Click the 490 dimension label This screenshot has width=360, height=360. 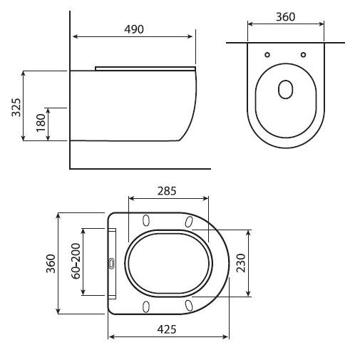click(134, 29)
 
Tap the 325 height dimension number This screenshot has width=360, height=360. click(16, 107)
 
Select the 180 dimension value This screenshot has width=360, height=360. click(41, 123)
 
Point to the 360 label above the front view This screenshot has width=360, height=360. click(285, 17)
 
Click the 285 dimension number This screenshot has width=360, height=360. click(167, 191)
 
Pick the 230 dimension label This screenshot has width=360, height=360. click(241, 263)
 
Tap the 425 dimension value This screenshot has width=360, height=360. click(167, 329)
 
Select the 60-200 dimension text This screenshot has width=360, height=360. click(76, 261)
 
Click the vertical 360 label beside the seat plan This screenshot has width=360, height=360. click(51, 264)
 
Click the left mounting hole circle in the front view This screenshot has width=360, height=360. click(267, 55)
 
